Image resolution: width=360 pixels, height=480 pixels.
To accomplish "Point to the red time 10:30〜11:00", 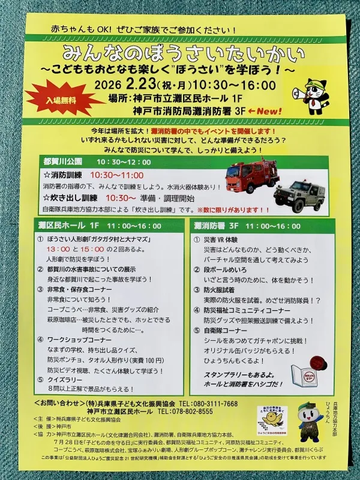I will (118, 175).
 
